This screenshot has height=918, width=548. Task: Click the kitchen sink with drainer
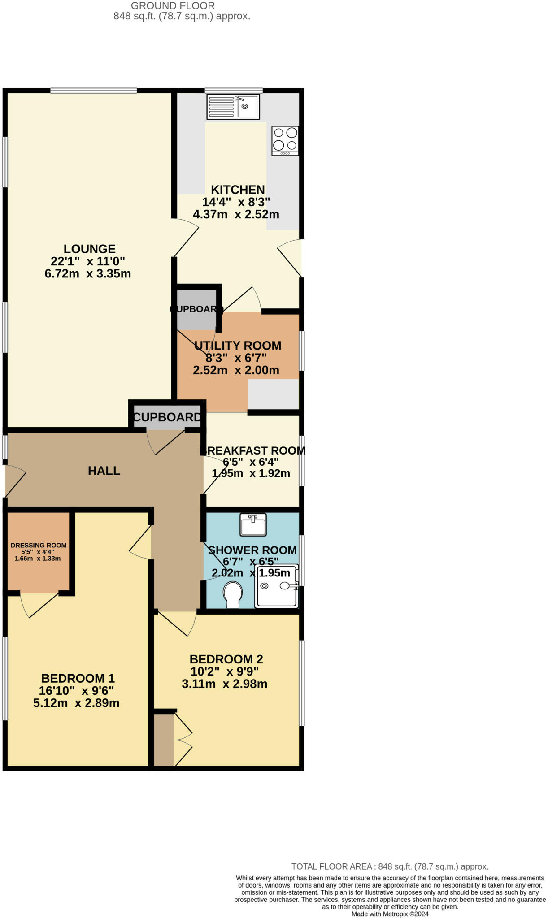[x=233, y=107]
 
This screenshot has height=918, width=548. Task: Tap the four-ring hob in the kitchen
[x=285, y=140]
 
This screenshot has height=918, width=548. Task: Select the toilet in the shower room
[x=233, y=593]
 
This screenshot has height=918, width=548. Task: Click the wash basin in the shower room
[x=253, y=524]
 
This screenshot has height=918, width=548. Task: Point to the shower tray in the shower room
[x=276, y=586]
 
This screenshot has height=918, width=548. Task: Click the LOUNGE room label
[x=90, y=249]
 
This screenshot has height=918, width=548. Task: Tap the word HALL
[x=104, y=471]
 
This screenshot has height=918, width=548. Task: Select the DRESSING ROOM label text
[x=39, y=546]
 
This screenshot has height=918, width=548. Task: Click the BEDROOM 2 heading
[x=226, y=659]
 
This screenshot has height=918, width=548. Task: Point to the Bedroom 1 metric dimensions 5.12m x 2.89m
[x=76, y=703]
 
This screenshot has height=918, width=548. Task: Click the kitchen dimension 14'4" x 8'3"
[x=236, y=202]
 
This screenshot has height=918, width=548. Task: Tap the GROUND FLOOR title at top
[x=173, y=6]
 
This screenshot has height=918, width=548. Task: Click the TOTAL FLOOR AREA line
[x=390, y=866]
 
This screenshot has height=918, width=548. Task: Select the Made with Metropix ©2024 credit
[x=390, y=914]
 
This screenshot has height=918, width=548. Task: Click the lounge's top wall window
[x=93, y=91]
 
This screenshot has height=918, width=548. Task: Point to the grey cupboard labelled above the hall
[x=167, y=417]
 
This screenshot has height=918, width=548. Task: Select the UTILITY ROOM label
[x=238, y=346]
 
